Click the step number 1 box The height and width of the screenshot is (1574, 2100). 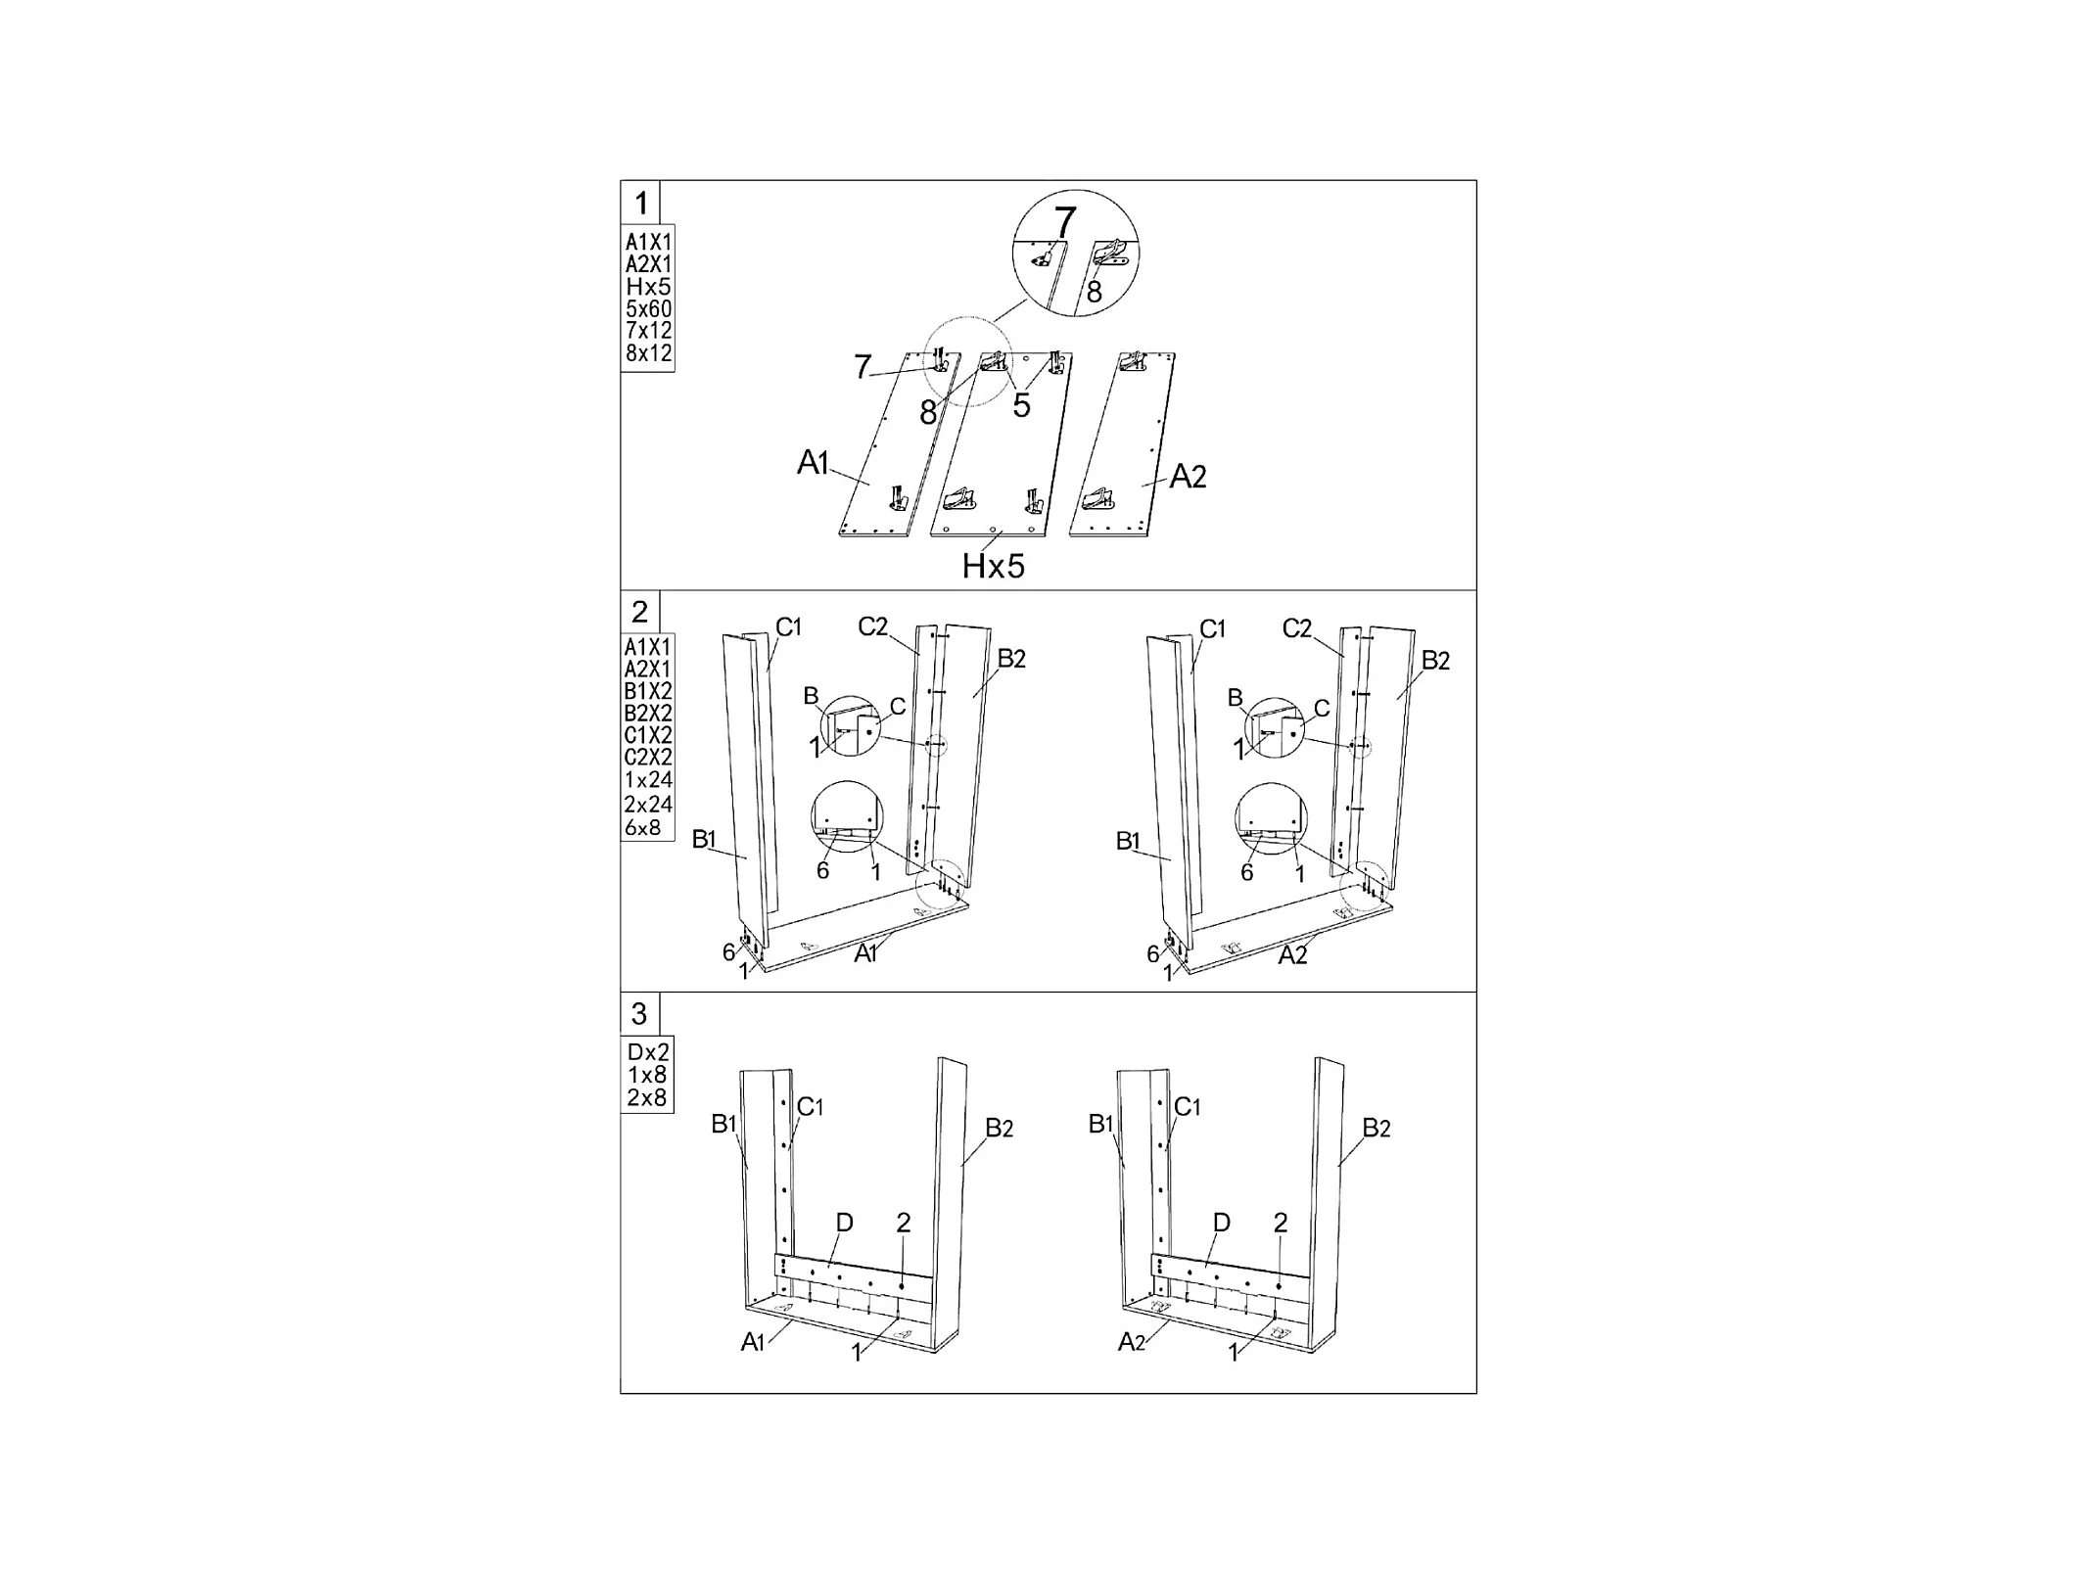[640, 203]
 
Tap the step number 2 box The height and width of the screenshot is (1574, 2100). [639, 612]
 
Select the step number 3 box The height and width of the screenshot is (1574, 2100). [639, 1013]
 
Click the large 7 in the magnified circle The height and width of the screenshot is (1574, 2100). [1064, 221]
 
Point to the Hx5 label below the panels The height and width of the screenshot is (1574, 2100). [993, 566]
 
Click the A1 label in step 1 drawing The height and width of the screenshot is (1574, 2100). [813, 462]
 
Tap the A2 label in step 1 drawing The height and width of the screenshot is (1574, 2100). [1188, 477]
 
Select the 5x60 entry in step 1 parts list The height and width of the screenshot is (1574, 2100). [648, 309]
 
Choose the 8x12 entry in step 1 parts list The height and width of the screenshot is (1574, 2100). [648, 353]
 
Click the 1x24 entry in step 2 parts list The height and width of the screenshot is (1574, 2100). [648, 780]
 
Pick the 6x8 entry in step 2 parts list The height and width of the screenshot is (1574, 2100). [643, 828]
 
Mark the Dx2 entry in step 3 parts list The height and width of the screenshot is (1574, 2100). [648, 1052]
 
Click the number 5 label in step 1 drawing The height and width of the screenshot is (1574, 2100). [1021, 405]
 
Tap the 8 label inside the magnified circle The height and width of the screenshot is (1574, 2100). [1094, 292]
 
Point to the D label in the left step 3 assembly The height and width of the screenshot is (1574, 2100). [844, 1223]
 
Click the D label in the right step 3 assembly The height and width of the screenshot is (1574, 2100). [1221, 1223]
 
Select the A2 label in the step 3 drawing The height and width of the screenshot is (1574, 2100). [1131, 1342]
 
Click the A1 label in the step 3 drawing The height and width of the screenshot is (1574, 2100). [752, 1342]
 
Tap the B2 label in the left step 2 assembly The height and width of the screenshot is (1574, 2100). [1011, 659]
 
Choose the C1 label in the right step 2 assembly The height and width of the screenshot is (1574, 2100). [1212, 628]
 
